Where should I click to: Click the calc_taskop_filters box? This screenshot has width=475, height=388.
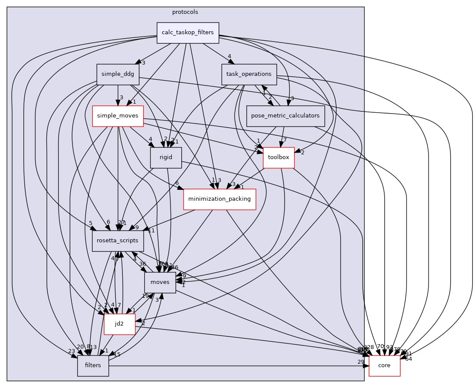pos(188,33)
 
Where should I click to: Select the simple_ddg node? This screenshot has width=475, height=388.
pos(118,74)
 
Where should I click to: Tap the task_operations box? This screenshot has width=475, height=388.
pos(249,74)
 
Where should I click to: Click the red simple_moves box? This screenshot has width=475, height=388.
pos(118,116)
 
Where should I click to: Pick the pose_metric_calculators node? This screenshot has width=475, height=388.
pos(285,116)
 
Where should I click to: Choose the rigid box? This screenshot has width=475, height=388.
pos(166,158)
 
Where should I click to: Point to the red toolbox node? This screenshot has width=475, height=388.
pos(278,157)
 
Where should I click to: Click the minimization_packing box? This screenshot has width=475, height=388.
pos(219,199)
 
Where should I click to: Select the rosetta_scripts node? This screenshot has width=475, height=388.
pos(118,241)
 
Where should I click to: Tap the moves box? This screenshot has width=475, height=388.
pos(160,283)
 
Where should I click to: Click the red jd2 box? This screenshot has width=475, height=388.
pos(119,324)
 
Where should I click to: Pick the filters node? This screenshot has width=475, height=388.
pos(93,365)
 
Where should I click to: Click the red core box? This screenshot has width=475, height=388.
pos(384,365)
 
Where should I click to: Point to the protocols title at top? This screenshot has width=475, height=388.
pos(185,12)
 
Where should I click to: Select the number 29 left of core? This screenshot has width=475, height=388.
pos(361,362)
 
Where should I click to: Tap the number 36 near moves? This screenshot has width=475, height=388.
pos(143,264)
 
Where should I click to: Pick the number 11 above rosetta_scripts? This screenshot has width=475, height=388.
pos(140,230)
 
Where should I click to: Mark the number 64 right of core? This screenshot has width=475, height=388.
pos(409,359)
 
